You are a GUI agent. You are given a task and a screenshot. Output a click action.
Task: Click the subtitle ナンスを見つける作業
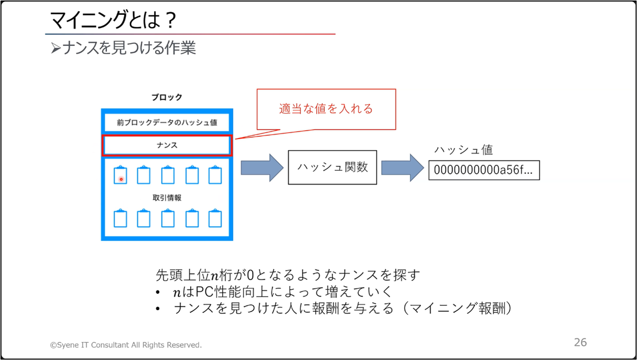click(x=129, y=47)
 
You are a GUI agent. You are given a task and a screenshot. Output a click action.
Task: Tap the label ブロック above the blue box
click(x=167, y=97)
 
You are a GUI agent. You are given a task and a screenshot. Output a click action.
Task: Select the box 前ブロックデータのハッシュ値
click(x=167, y=122)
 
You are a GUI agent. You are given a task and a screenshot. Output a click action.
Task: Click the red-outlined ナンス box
click(x=167, y=145)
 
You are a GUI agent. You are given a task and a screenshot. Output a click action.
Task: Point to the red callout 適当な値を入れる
click(x=326, y=109)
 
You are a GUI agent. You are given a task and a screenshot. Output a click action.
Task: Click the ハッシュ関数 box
click(x=332, y=167)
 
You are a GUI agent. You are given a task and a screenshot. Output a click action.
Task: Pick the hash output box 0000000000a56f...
click(x=484, y=170)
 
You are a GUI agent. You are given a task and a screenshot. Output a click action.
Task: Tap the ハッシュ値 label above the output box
click(x=464, y=150)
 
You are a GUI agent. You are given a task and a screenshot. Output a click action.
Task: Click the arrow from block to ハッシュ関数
click(x=262, y=168)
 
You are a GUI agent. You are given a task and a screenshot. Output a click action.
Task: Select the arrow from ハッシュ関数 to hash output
click(x=403, y=168)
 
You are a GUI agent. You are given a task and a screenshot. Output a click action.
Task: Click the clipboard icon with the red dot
click(x=120, y=175)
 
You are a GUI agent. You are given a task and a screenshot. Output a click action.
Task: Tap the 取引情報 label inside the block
click(x=167, y=198)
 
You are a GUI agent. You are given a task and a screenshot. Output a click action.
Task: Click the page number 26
click(x=580, y=342)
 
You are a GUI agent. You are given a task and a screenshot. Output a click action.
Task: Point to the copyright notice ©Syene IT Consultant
click(x=126, y=345)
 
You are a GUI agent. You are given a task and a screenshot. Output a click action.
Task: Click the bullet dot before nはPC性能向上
click(x=158, y=292)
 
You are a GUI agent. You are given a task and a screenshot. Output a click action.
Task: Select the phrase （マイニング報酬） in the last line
click(x=457, y=308)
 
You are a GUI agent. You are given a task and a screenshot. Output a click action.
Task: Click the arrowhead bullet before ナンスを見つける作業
click(x=56, y=48)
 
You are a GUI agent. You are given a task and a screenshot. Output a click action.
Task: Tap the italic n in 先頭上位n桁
click(x=215, y=276)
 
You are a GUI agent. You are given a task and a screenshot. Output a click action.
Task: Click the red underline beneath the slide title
click(x=190, y=34)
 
